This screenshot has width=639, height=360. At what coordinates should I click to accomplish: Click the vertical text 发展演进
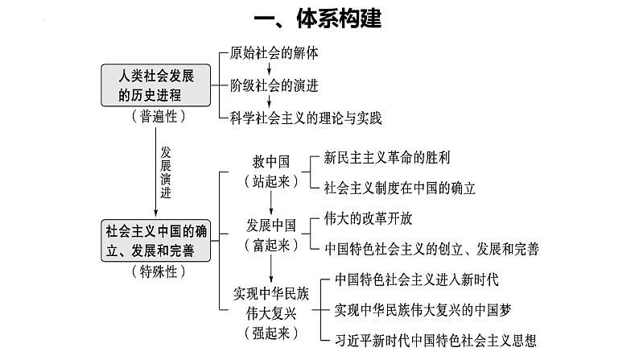[x=166, y=172]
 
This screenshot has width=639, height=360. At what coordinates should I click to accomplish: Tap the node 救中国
[x=270, y=160]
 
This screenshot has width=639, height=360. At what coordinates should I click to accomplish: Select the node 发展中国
[x=270, y=225]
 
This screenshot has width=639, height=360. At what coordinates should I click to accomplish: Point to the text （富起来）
[x=270, y=245]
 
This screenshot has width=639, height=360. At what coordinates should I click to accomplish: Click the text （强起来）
[x=270, y=332]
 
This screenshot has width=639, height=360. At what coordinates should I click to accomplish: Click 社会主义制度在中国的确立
[x=400, y=188]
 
